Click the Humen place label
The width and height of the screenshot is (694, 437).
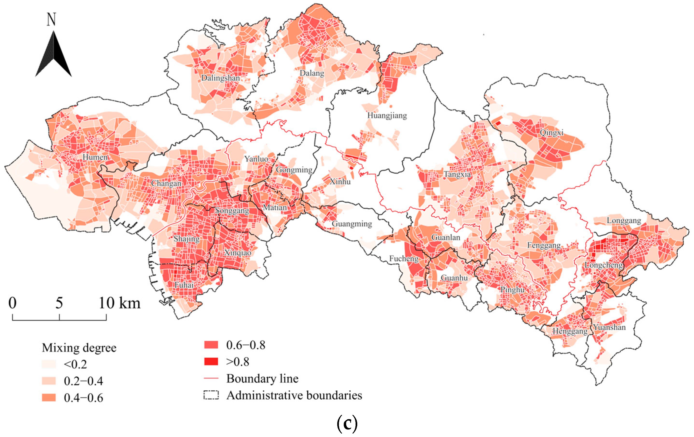[x=95, y=157]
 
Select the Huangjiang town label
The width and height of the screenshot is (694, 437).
[x=387, y=116]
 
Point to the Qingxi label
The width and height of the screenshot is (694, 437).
[x=551, y=133]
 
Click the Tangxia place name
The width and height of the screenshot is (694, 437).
[x=457, y=174]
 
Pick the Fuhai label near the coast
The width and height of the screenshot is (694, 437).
[x=184, y=285]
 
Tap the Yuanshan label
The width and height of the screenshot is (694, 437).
[x=609, y=327]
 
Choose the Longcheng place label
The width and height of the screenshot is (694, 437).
[x=603, y=265]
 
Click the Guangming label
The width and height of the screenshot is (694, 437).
[x=352, y=224]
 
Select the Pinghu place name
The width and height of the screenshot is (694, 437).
[x=512, y=290]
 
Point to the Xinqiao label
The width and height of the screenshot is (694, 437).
[x=238, y=253]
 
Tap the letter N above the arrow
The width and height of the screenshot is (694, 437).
[x=51, y=20]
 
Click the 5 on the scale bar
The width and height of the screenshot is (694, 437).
[x=59, y=303]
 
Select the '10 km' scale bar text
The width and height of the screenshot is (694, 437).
[x=119, y=303]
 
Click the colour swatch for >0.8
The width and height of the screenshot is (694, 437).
[x=211, y=361]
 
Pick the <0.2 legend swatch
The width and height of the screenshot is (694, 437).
[x=49, y=364]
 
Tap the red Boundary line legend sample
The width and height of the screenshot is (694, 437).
[x=211, y=378]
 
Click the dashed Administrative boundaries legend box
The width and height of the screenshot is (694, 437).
[x=211, y=395]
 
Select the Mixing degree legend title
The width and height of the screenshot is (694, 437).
[x=79, y=348]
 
